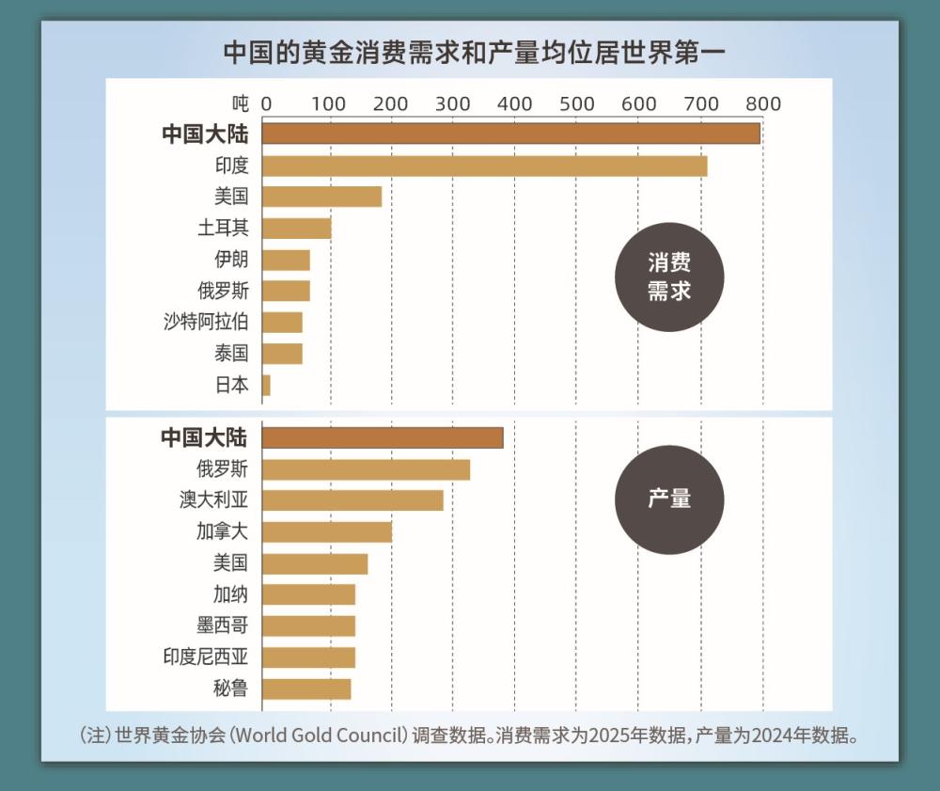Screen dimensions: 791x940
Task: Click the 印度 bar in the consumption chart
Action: pyautogui.click(x=484, y=166)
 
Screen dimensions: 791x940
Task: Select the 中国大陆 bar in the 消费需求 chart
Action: pyautogui.click(x=510, y=134)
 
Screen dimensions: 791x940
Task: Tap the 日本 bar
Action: pyautogui.click(x=266, y=385)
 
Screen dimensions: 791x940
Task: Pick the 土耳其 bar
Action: pyautogui.click(x=296, y=229)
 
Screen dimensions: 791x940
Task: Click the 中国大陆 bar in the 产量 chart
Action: pyautogui.click(x=383, y=437)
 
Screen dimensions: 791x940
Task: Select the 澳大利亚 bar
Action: pyautogui.click(x=352, y=500)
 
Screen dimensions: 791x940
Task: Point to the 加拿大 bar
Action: pyautogui.click(x=326, y=531)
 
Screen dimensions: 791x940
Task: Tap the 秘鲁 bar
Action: pyautogui.click(x=306, y=688)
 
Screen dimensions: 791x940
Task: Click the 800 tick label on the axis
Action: pyautogui.click(x=763, y=103)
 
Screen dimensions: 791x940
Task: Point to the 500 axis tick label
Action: pyautogui.click(x=576, y=103)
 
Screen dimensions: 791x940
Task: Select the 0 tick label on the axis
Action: pyautogui.click(x=266, y=103)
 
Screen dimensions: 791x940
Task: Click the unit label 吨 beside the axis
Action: pyautogui.click(x=242, y=103)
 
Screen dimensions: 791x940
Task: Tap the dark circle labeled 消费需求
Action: pyautogui.click(x=669, y=277)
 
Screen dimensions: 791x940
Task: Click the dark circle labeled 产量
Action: pyautogui.click(x=669, y=498)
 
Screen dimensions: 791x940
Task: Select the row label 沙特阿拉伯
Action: pyautogui.click(x=206, y=322)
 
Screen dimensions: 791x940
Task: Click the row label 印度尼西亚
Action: pyautogui.click(x=206, y=657)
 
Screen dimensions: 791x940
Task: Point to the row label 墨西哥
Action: pyautogui.click(x=223, y=625)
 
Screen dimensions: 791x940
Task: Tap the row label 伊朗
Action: pyautogui.click(x=231, y=260)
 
